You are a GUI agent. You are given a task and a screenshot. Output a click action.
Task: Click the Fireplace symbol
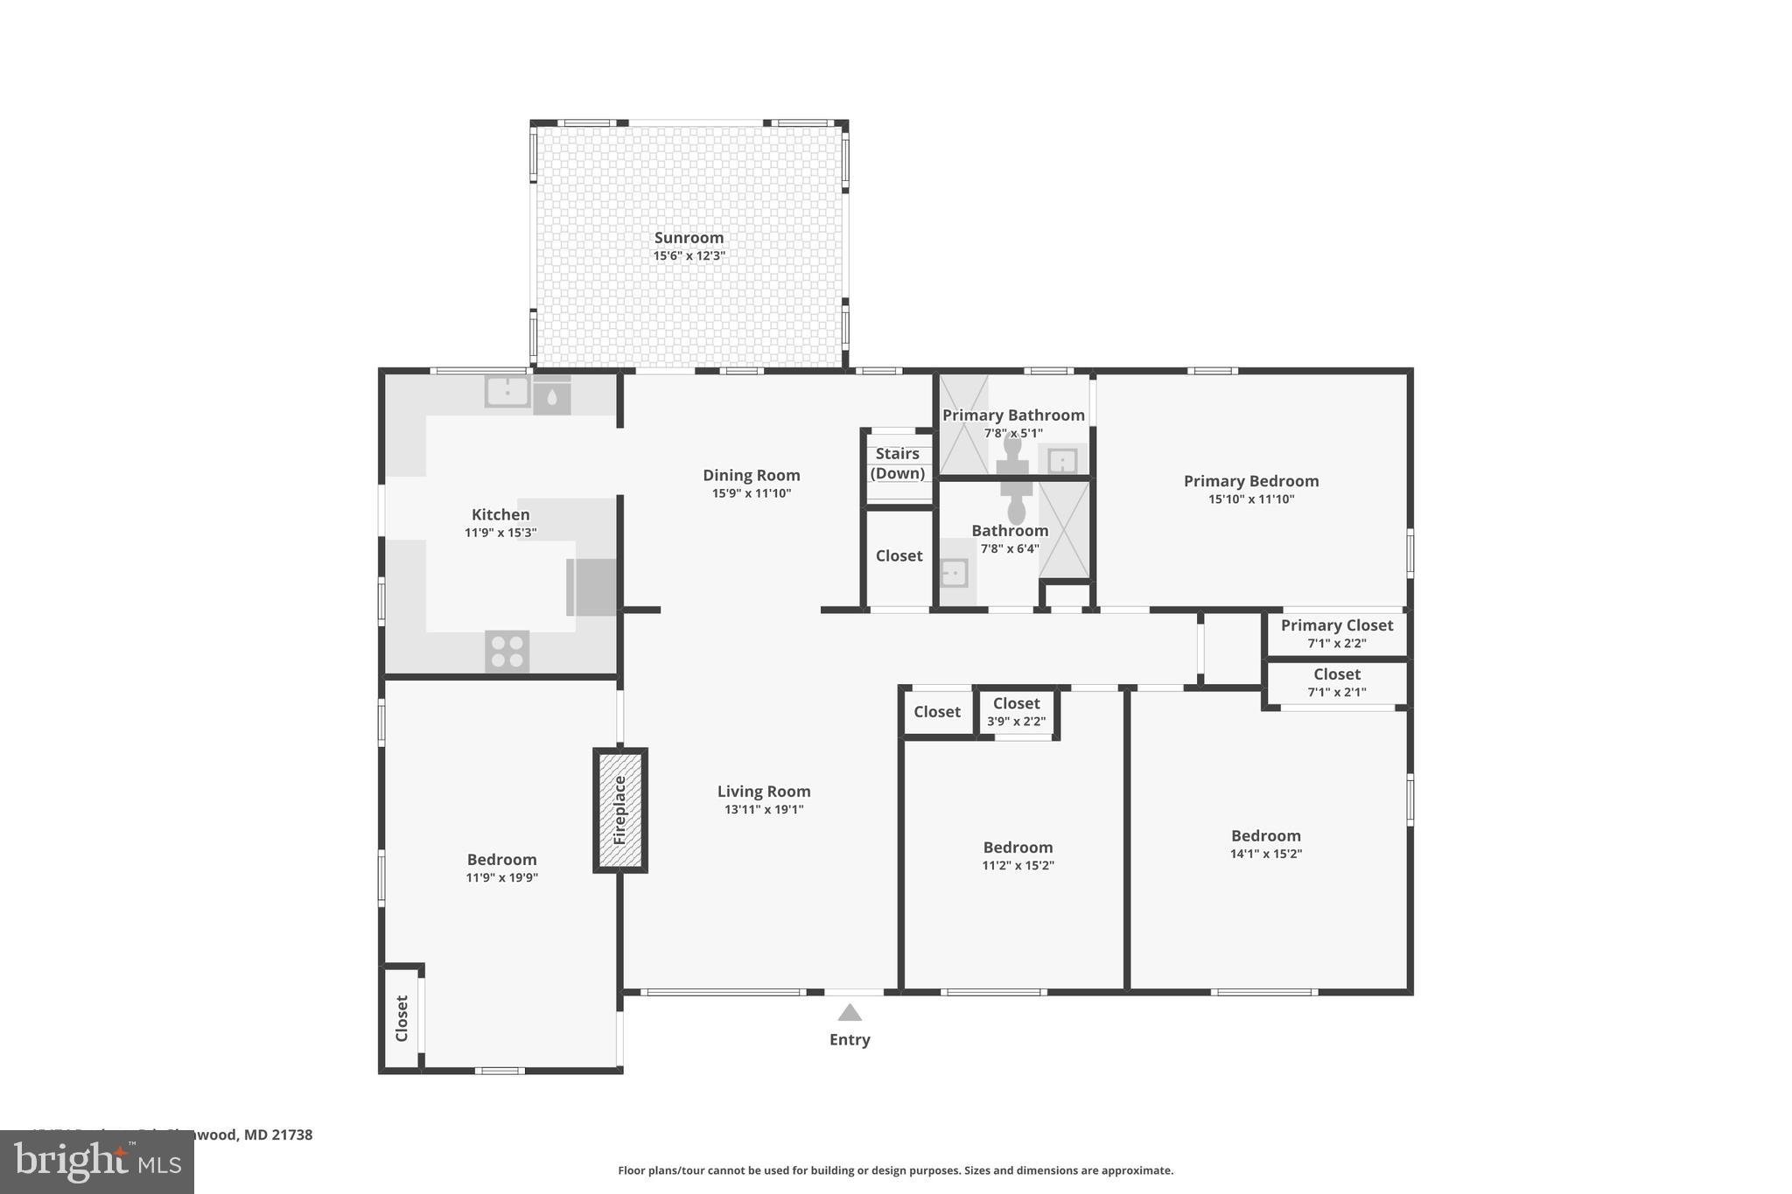click(x=620, y=810)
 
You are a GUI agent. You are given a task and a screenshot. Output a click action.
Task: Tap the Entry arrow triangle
click(x=850, y=1013)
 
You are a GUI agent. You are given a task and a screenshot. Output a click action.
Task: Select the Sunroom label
click(x=689, y=238)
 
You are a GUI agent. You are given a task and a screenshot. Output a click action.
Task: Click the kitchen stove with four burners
click(x=507, y=652)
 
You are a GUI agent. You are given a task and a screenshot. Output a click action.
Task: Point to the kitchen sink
click(x=507, y=392)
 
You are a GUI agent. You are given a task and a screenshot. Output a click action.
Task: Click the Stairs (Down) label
click(x=898, y=464)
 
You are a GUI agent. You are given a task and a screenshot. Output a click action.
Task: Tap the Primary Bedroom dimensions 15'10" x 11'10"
click(x=1250, y=499)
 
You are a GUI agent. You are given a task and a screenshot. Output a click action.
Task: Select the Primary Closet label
click(x=1336, y=625)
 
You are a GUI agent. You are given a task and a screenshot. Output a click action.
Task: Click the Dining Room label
click(x=751, y=475)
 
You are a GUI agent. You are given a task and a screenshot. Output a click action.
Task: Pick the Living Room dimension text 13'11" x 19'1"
click(x=763, y=810)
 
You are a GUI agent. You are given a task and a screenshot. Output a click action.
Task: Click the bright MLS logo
click(x=97, y=1162)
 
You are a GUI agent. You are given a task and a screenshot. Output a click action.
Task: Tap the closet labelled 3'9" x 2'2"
click(x=1016, y=712)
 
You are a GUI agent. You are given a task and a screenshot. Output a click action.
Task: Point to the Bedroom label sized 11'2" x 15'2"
click(x=1018, y=848)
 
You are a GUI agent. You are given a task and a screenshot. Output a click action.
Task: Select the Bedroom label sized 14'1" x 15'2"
click(x=1265, y=836)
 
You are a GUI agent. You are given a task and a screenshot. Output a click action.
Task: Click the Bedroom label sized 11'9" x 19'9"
click(x=501, y=860)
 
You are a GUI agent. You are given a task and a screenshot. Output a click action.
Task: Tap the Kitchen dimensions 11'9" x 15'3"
click(x=500, y=533)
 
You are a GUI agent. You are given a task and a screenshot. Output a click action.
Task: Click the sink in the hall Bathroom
click(x=953, y=574)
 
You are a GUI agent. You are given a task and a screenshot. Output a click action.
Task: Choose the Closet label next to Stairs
click(x=899, y=556)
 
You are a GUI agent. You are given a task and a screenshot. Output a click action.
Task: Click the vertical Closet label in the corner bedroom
click(x=402, y=1018)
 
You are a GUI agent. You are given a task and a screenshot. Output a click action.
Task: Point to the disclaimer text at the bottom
click(x=895, y=1170)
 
